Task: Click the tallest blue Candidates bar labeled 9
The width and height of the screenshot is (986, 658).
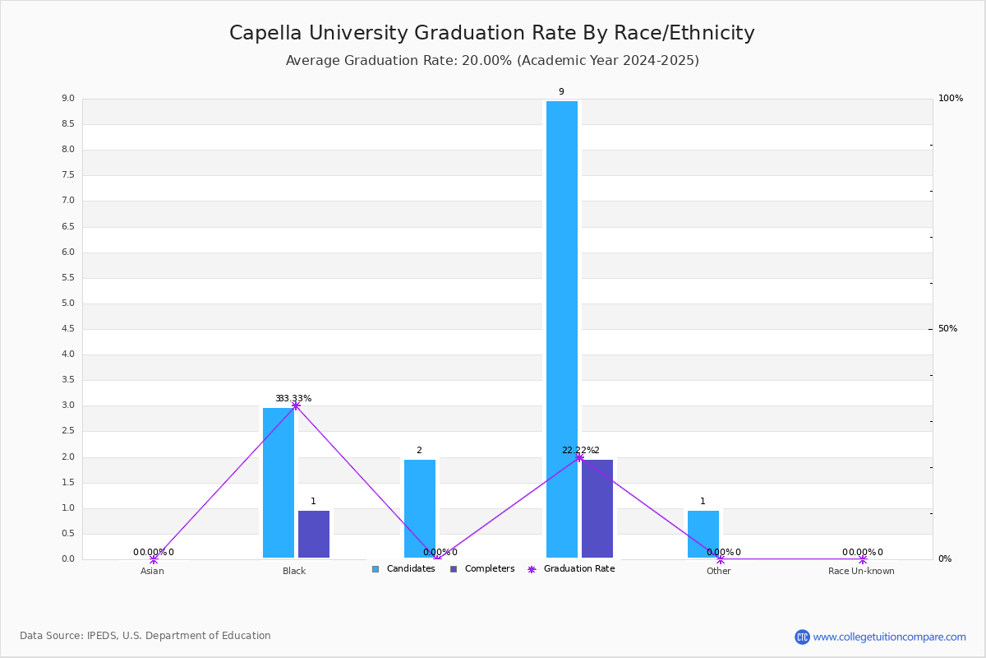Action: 562,329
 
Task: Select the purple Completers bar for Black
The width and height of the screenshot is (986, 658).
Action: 314,534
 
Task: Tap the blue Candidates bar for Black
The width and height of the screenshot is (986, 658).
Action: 279,483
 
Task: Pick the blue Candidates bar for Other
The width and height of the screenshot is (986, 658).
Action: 703,534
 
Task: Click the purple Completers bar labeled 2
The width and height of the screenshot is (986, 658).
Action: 597,508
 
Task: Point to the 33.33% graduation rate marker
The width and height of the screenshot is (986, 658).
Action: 296,405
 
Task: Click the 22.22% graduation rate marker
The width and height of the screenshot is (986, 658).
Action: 579,457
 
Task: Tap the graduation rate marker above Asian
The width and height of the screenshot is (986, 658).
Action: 154,559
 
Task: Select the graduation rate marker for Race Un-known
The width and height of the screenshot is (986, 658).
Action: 863,559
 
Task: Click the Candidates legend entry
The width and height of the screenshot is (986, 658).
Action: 403,569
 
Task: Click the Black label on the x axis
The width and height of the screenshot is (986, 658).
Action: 294,572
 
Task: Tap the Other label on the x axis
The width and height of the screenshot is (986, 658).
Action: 719,572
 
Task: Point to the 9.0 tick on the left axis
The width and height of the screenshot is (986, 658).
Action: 67,99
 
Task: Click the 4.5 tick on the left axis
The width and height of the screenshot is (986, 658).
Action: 67,329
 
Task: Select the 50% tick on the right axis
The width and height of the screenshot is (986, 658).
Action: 947,329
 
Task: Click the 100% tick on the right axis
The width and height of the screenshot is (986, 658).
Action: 951,99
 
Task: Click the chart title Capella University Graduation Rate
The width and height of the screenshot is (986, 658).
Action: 491,33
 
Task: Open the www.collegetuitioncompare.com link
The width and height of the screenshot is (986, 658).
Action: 889,637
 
